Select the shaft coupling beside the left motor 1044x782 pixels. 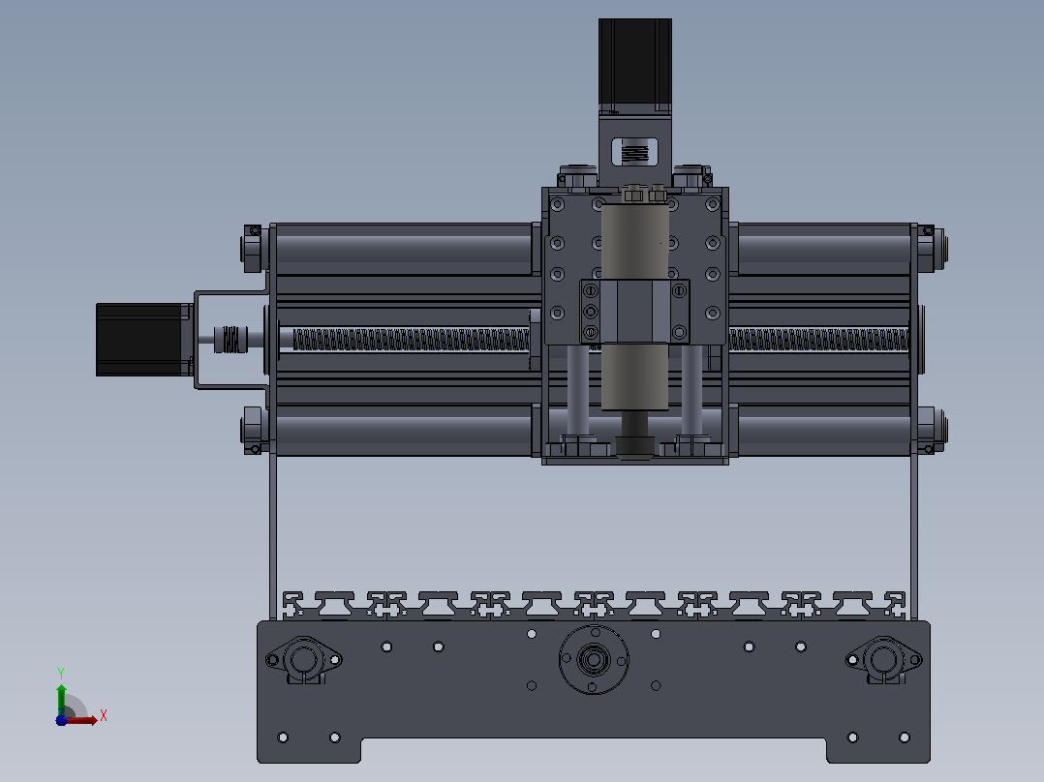230,340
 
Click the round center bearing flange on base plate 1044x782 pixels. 594,659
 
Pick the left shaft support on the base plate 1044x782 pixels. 304,660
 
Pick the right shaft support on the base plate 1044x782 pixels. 883,660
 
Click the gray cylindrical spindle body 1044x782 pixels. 634,306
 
